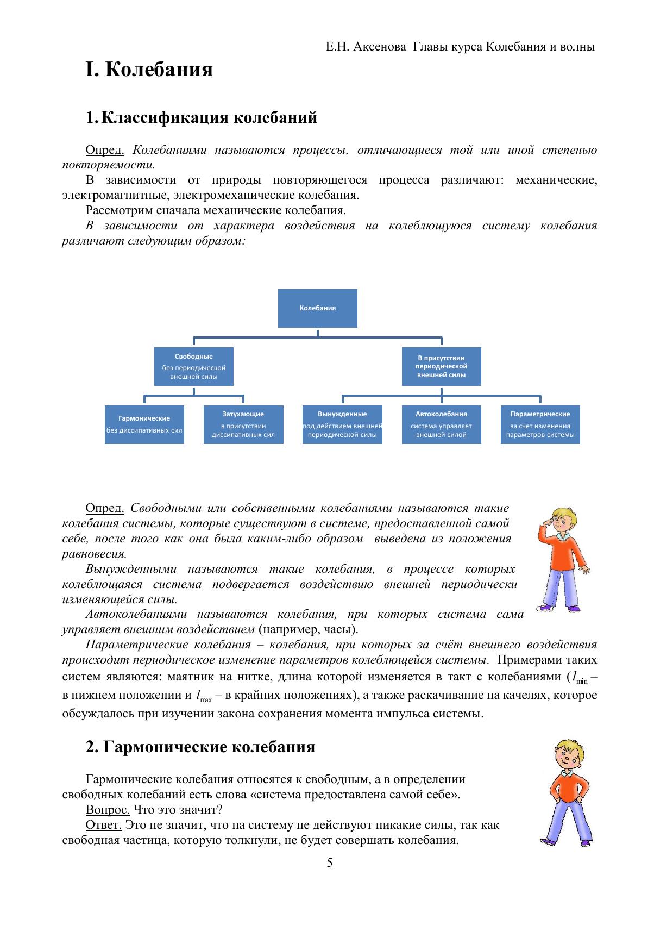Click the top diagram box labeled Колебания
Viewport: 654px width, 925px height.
317,308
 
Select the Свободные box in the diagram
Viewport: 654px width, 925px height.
193,366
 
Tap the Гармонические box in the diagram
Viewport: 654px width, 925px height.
144,424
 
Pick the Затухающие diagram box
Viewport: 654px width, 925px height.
243,424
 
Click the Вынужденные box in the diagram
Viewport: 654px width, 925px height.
342,424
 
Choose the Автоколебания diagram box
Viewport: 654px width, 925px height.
441,424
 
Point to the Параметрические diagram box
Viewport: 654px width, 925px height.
540,424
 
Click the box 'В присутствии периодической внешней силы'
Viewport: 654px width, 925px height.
441,366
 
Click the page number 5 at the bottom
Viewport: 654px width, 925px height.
330,863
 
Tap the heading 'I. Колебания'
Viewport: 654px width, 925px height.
149,70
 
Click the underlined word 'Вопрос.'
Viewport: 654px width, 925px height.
108,809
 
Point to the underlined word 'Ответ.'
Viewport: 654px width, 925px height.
104,824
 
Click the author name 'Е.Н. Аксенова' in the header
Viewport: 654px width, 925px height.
366,47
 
